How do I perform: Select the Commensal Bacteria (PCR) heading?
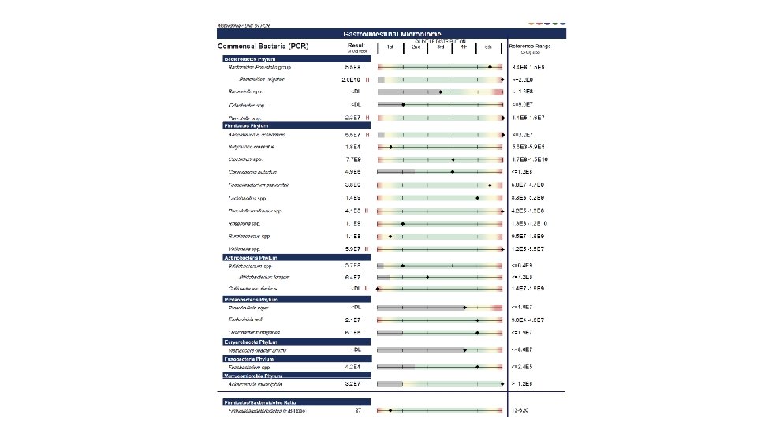click(263, 47)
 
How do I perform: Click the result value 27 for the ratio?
click(358, 411)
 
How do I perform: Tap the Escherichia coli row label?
click(245, 320)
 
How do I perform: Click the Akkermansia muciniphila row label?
click(255, 384)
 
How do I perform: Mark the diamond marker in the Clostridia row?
click(453, 159)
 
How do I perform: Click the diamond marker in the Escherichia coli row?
click(478, 320)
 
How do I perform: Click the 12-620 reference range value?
click(520, 411)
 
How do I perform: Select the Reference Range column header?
click(530, 47)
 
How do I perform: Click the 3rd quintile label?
click(441, 47)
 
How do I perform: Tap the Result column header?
click(356, 47)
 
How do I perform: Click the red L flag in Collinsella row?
click(367, 289)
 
